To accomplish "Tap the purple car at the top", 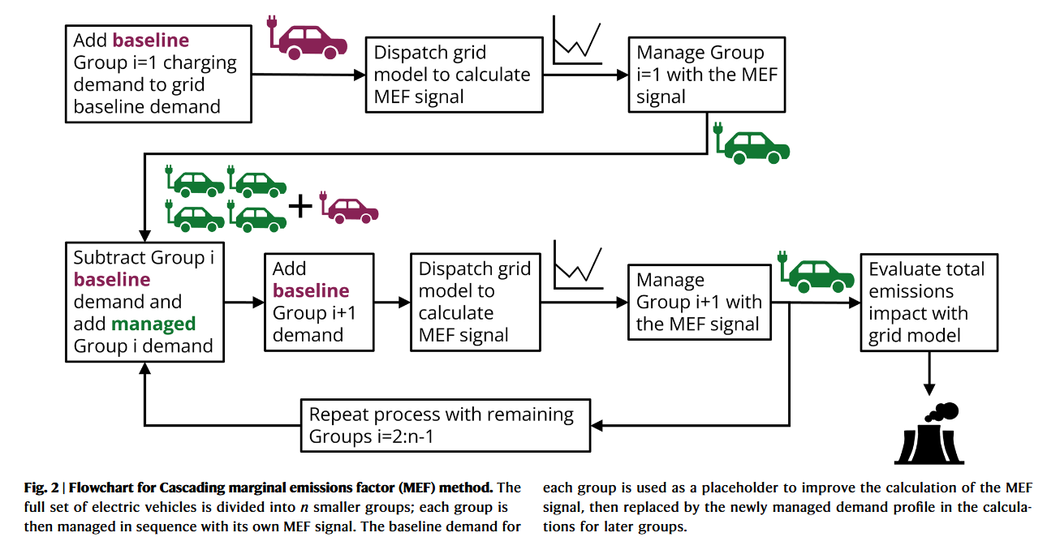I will coord(312,38).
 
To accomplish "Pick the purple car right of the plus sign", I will coord(351,208).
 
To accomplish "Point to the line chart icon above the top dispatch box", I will coord(576,42).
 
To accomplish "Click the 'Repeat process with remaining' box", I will coord(445,425).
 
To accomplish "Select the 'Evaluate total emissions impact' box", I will coord(928,302).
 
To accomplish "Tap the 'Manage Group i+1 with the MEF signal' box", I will coord(699,302).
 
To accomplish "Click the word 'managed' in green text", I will coord(153,324).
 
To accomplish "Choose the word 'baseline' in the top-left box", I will coord(151,40).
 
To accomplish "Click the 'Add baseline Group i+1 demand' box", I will coord(319,302).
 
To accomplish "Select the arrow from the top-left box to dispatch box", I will coord(308,75).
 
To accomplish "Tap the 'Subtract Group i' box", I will coord(145,302).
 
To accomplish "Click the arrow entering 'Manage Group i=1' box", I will coord(585,75).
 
